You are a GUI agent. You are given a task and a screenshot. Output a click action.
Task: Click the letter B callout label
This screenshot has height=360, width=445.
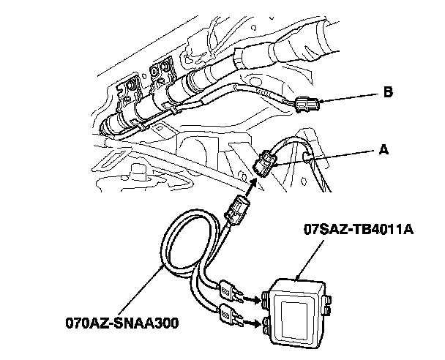(x=387, y=93)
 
